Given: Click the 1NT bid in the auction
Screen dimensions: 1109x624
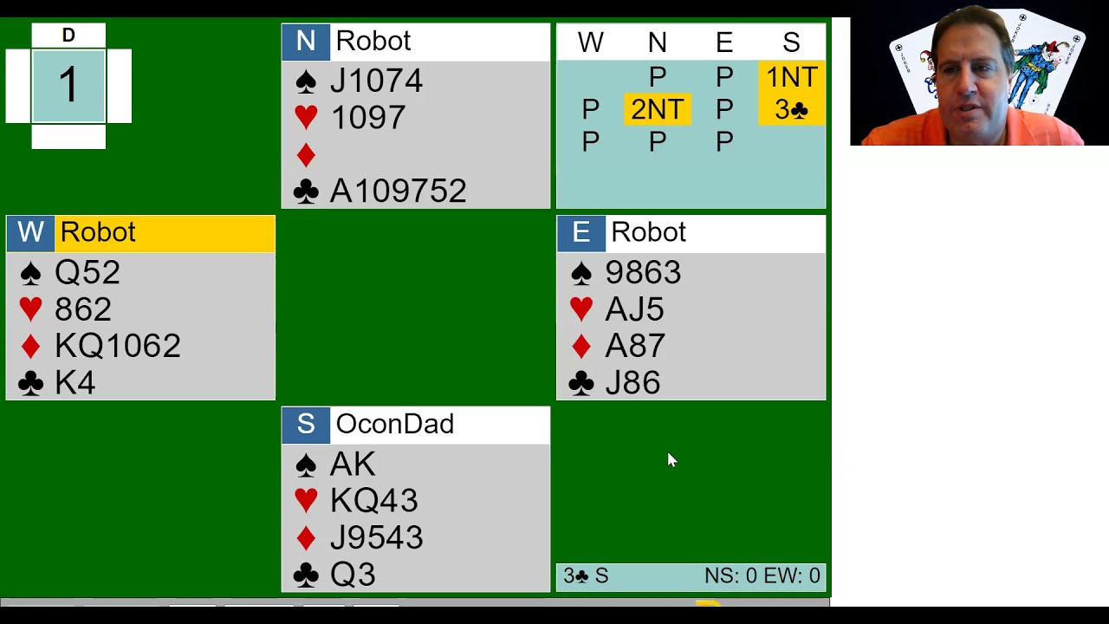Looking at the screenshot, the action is (791, 77).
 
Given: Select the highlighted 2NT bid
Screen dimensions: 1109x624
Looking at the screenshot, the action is (658, 109).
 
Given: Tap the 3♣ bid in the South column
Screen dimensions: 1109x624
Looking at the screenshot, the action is (791, 109).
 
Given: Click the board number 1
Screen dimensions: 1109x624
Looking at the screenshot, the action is (68, 85).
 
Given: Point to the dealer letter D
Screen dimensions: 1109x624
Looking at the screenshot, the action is (68, 36).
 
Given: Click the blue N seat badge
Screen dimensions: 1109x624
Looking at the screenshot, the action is (306, 42).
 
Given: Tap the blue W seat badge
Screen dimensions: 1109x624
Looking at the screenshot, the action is (30, 233).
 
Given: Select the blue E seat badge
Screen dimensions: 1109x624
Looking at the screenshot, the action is (580, 233).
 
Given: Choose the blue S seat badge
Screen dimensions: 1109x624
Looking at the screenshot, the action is (306, 425).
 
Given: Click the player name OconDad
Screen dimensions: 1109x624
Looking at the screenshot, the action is (394, 424).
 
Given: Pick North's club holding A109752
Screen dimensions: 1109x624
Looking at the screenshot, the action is (398, 191).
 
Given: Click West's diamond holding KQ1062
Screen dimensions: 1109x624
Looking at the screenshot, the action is (117, 346).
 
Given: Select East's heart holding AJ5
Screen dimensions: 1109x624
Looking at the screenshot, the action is (634, 309).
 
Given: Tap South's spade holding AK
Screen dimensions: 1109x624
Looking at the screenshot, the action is (353, 464).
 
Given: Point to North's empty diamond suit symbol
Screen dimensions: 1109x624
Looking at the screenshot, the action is (306, 155).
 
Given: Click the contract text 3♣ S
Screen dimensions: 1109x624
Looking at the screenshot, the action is (586, 576).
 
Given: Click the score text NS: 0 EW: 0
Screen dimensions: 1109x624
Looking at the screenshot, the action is (762, 576).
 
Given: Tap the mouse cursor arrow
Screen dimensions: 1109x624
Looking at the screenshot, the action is (671, 460).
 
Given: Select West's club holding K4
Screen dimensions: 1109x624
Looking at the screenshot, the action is (75, 383).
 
